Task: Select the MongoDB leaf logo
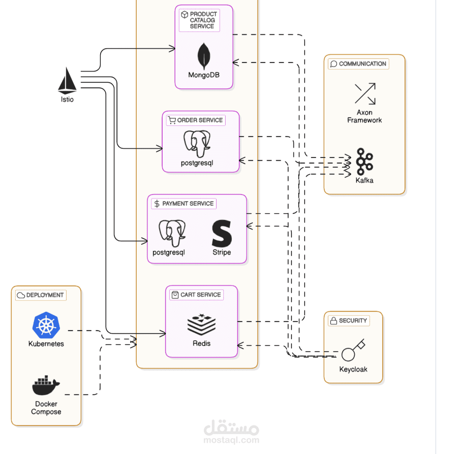tap(204, 56)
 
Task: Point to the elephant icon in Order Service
tap(197, 143)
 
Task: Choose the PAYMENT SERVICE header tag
tap(184, 204)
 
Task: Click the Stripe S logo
tap(222, 234)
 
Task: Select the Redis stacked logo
tap(201, 323)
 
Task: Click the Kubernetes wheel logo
tap(46, 325)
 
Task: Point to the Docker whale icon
tap(46, 385)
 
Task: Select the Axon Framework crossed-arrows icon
tap(365, 94)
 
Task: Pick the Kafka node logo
tap(364, 161)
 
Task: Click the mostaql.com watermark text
tap(232, 440)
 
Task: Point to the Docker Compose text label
tap(46, 408)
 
